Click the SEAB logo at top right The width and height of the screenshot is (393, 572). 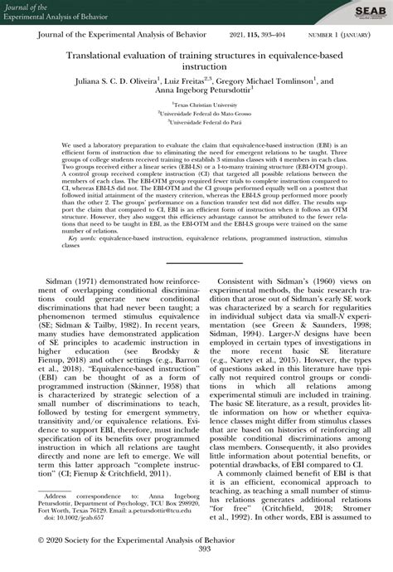pos(365,12)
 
